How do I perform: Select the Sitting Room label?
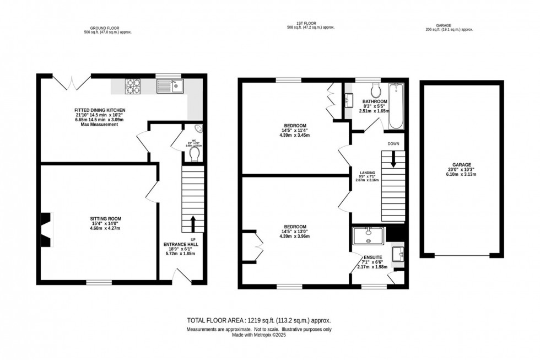tap(105, 222)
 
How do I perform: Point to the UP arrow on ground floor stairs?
tap(193, 223)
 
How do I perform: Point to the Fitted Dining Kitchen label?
tap(98, 110)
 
